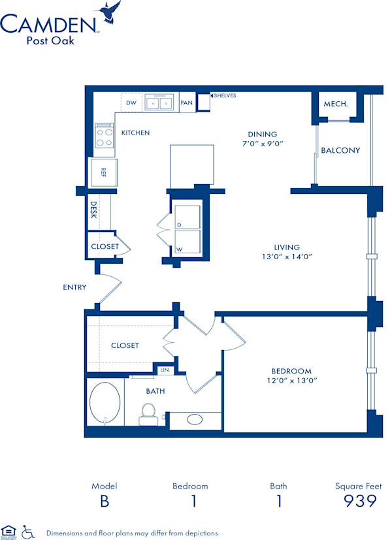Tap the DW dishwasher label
pos(131,103)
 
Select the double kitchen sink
pos(160,103)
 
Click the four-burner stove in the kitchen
pos(105,136)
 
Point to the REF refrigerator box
pos(103,172)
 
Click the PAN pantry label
pos(187,103)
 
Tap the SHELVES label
pos(225,96)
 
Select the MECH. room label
pos(335,104)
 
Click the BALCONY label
pos(340,150)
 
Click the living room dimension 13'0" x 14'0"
pos(287,257)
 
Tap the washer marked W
pos(187,241)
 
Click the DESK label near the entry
pos(93,210)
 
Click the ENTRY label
pos(74,287)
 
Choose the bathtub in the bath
pos(105,402)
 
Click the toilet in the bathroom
pos(148,413)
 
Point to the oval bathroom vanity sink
pos(195,419)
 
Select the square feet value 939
pos(360,501)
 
